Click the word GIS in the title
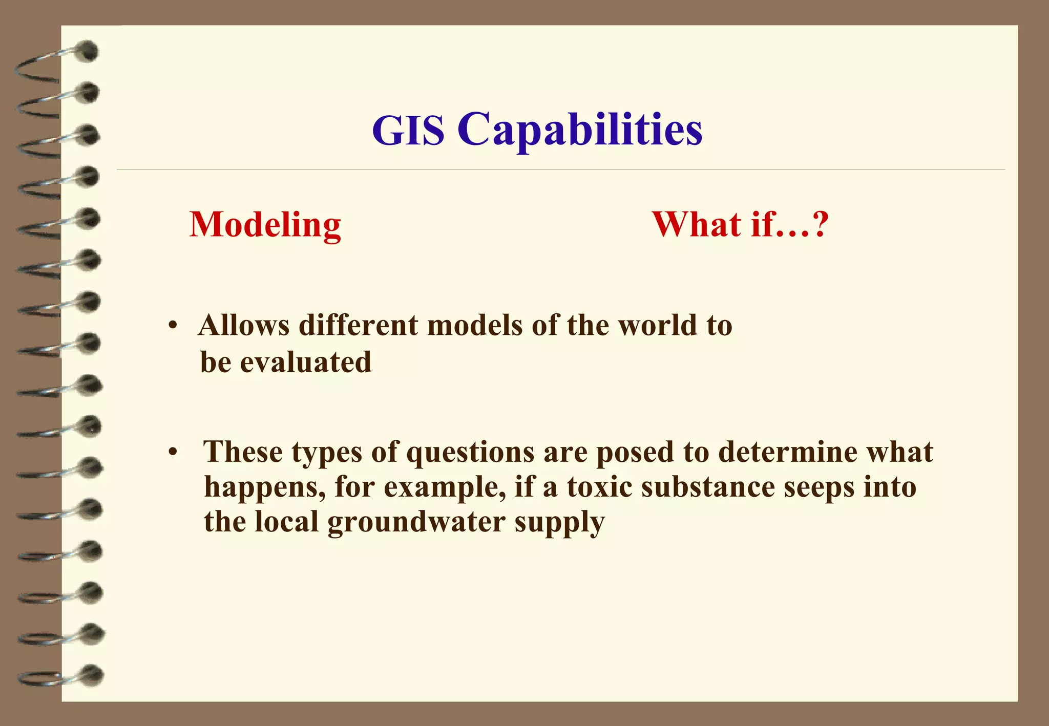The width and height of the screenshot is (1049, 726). tap(408, 131)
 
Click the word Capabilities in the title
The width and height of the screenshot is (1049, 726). tap(580, 131)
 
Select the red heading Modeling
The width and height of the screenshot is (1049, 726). tap(265, 225)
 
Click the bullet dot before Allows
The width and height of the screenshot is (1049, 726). tap(173, 326)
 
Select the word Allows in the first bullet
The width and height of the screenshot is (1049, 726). tap(243, 326)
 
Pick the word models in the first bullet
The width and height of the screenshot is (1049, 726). tap(475, 326)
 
